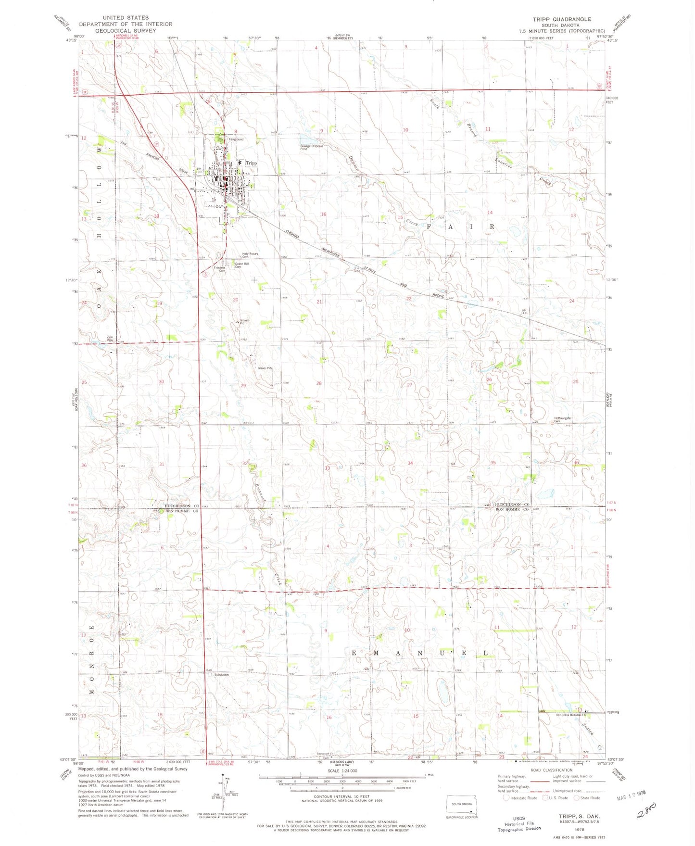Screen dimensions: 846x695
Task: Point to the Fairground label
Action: tap(236, 139)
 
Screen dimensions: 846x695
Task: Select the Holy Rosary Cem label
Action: tap(250, 255)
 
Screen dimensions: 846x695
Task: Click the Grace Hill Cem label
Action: tap(241, 265)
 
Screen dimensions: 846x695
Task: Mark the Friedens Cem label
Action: tap(219, 269)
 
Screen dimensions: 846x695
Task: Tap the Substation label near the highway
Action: tap(221, 675)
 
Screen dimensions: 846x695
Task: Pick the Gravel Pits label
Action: tap(265, 368)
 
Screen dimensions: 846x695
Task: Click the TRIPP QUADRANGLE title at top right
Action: tap(561, 19)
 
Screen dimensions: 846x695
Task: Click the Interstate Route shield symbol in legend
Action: tap(506, 797)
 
